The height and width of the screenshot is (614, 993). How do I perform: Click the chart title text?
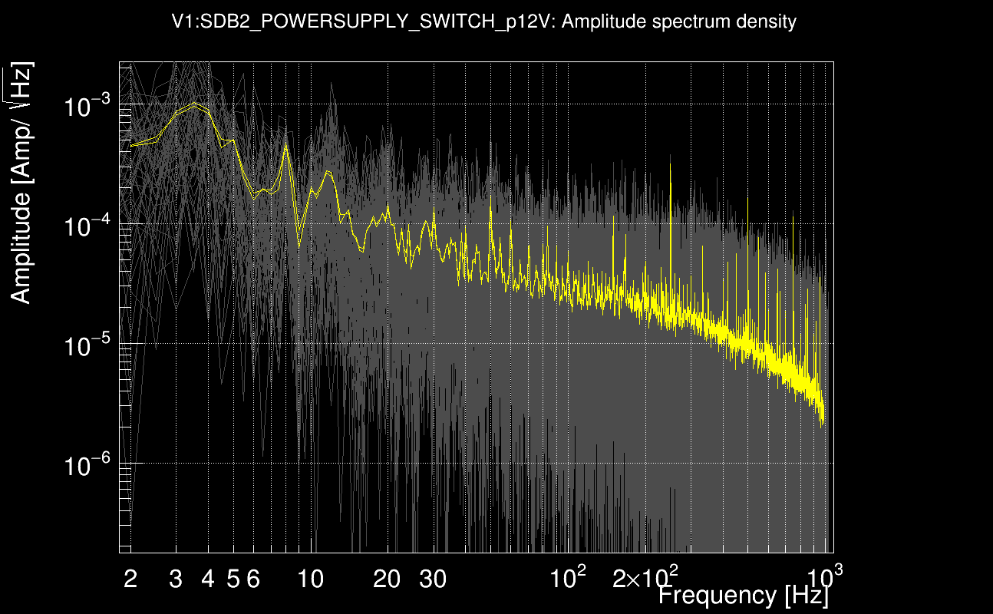click(x=484, y=22)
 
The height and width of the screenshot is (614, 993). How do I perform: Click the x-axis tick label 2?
click(x=130, y=579)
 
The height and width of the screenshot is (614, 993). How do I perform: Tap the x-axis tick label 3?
click(x=176, y=579)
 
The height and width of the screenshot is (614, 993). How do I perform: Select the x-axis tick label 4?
click(x=207, y=579)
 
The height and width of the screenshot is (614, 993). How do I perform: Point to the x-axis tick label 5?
click(x=233, y=579)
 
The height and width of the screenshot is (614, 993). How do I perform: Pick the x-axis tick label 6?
click(x=253, y=579)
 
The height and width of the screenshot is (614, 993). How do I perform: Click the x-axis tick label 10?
click(x=310, y=579)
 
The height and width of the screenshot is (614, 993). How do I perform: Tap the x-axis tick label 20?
click(x=387, y=579)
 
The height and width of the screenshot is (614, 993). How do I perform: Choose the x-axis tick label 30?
click(x=433, y=579)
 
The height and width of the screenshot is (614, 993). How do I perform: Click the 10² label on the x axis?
click(x=569, y=577)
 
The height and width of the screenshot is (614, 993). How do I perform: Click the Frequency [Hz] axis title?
click(x=743, y=595)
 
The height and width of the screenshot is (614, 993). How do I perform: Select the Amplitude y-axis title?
click(x=21, y=184)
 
